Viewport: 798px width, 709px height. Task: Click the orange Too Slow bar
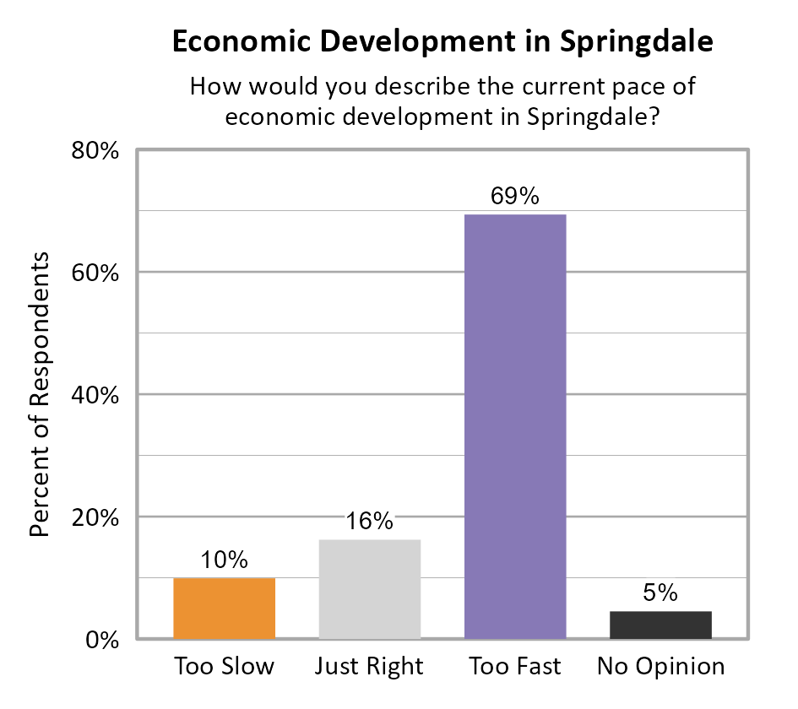point(224,609)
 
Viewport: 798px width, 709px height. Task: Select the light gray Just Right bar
point(370,589)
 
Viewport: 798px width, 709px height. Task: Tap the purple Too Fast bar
point(515,426)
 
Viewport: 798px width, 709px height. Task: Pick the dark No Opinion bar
point(660,625)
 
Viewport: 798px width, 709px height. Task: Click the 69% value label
point(514,197)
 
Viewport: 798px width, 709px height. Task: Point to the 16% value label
point(370,522)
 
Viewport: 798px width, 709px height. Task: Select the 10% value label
point(224,560)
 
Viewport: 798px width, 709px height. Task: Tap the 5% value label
point(660,593)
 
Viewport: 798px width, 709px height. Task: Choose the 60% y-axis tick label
point(95,273)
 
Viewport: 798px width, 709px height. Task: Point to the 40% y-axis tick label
point(95,395)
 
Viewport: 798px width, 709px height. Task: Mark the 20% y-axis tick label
point(95,517)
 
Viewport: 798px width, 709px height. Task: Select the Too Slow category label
point(224,667)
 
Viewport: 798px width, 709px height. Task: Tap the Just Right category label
point(369,667)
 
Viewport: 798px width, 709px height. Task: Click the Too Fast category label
point(515,667)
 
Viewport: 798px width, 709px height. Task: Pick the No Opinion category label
point(660,667)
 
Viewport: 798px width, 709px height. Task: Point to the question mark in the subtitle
point(652,116)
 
